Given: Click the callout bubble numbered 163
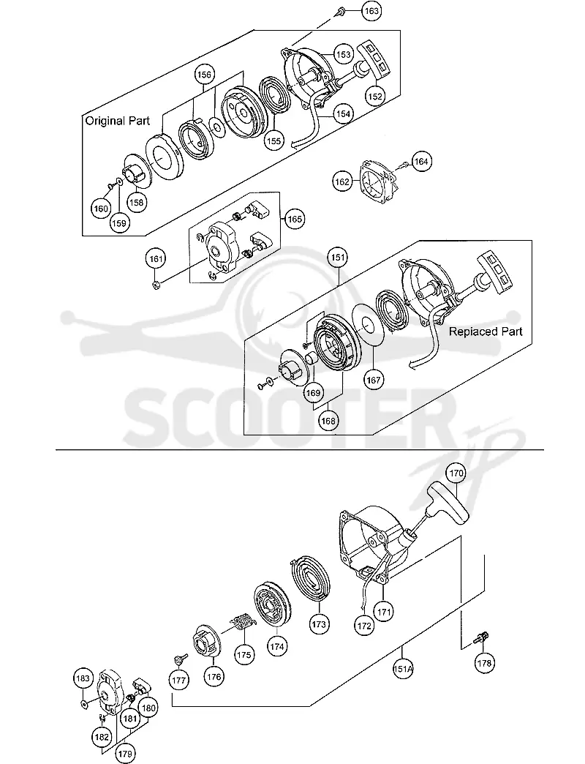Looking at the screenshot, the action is [371, 11].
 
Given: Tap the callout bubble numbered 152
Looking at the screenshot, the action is [375, 96].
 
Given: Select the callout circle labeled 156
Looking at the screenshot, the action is [205, 75].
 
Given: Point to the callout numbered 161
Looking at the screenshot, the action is [156, 259].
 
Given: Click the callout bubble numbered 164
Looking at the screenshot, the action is [421, 161].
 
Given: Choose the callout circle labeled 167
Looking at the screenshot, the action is [374, 379].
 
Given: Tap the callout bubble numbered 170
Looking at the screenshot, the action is [456, 473].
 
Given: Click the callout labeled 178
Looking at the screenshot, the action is [484, 663].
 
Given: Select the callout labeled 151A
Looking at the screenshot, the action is [402, 669].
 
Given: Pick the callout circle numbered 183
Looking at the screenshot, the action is [83, 678].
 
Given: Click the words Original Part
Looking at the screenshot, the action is [118, 121].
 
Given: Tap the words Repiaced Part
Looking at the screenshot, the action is [486, 332].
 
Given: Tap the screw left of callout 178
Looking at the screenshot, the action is [482, 638].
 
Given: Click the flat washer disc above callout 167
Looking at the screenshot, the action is [367, 325].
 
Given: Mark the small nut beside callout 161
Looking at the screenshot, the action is [156, 285].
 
